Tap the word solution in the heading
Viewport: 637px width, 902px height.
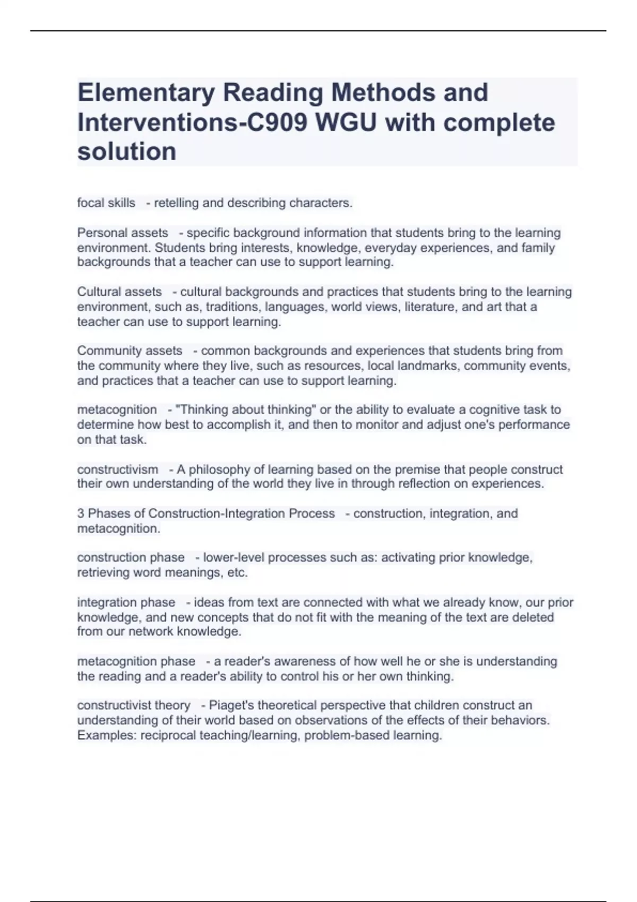(x=127, y=152)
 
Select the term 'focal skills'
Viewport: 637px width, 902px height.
(x=106, y=203)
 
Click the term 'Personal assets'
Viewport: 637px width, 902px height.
(x=123, y=233)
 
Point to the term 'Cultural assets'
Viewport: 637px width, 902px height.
(x=119, y=292)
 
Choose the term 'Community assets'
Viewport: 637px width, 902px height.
(x=130, y=351)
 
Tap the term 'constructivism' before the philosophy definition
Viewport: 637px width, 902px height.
(x=117, y=470)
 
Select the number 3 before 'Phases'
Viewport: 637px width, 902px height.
(x=81, y=514)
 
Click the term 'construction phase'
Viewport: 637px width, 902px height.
(x=131, y=558)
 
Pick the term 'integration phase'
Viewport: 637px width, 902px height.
(x=126, y=603)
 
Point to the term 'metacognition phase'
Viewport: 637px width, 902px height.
(x=136, y=662)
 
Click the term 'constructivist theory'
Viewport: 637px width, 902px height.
(x=134, y=706)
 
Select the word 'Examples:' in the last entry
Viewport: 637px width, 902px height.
(x=107, y=735)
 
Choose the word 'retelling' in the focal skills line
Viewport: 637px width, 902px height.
(x=176, y=203)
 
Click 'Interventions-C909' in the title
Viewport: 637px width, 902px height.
(x=192, y=123)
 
